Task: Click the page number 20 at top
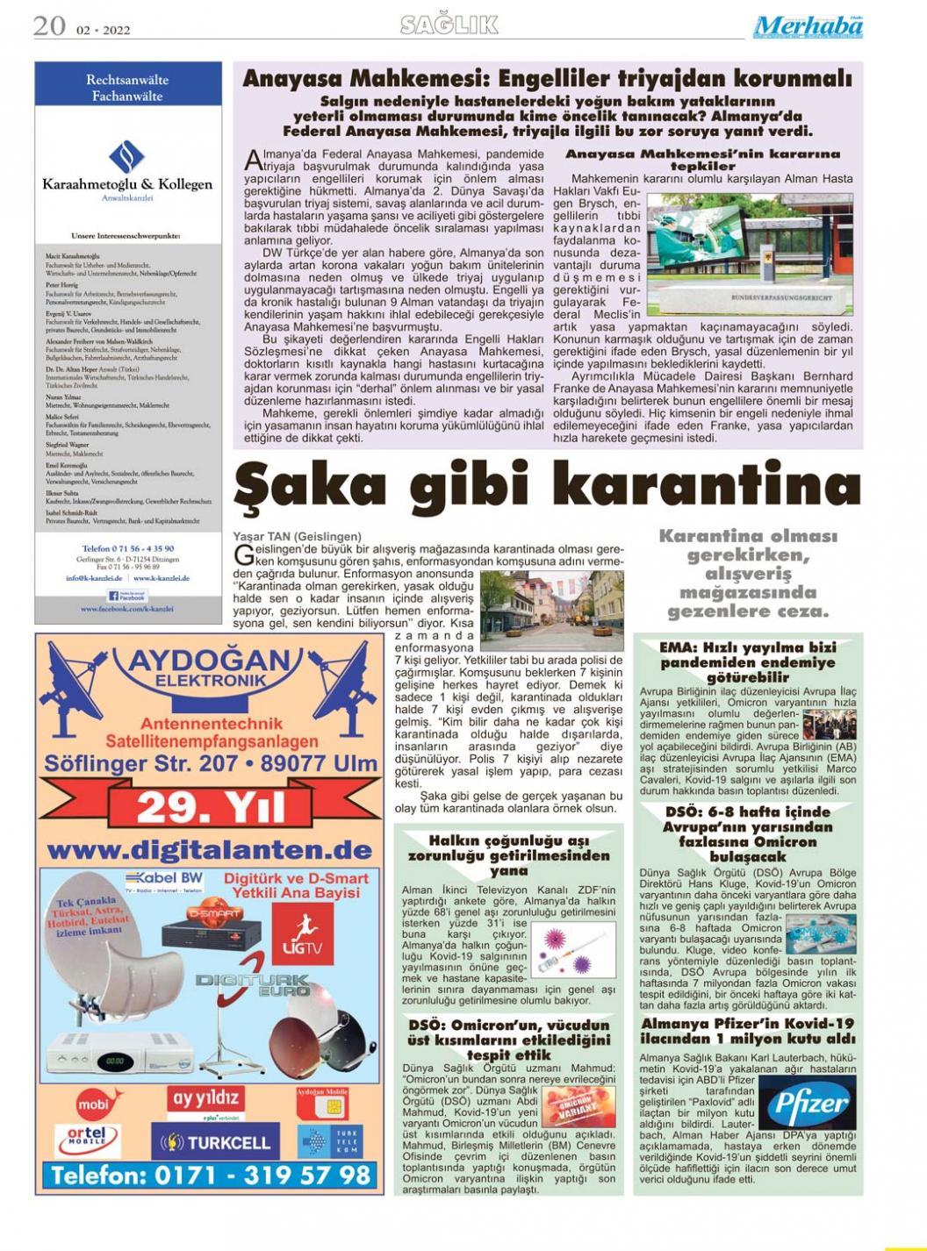coord(49,26)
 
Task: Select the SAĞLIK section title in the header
coord(449,25)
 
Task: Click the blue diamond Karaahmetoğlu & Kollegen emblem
coord(126,158)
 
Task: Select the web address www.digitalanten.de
coord(211,849)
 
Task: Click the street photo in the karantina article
coord(550,609)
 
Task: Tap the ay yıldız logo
coord(205,1098)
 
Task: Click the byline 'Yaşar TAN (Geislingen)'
coord(297,536)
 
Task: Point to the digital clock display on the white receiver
coord(114,1061)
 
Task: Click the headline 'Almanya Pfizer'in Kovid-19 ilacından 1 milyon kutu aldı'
coord(747,1031)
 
